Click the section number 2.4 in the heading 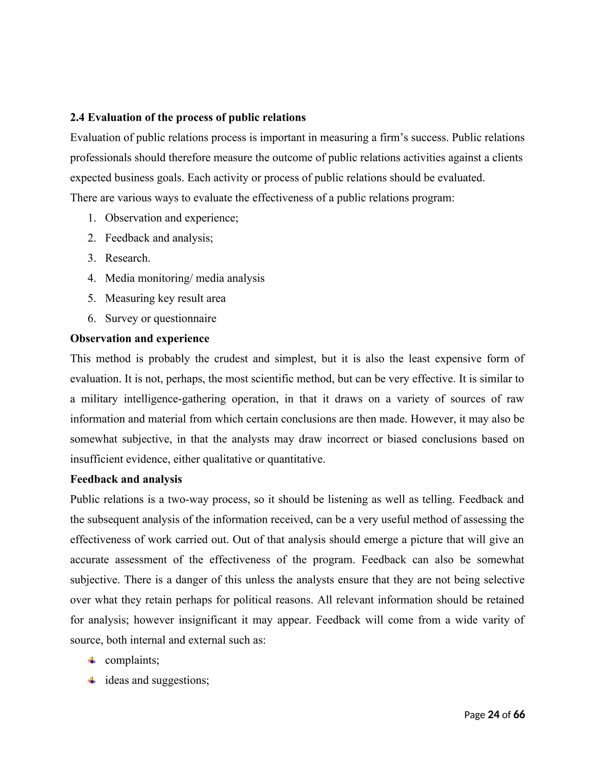point(77,117)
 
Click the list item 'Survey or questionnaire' point(160,318)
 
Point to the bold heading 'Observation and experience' point(139,338)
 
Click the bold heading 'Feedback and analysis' point(126,479)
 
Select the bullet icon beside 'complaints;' point(92,660)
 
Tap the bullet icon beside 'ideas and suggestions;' point(92,680)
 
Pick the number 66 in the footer point(519,715)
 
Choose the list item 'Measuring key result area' point(165,298)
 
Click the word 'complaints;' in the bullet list point(132,660)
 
